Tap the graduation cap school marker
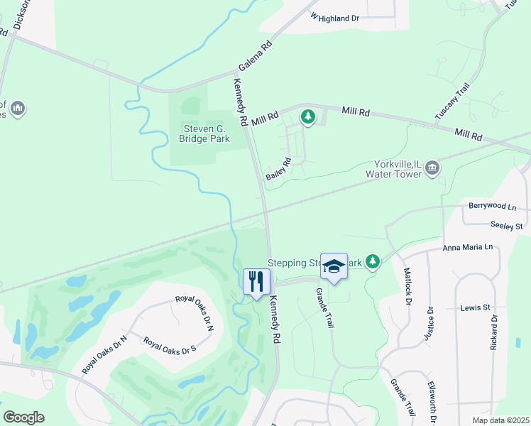[334, 266]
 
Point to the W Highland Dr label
[335, 18]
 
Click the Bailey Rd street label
[278, 169]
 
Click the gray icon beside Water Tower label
[433, 168]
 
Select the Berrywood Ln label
[492, 206]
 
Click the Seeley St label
[506, 226]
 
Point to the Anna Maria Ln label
[467, 247]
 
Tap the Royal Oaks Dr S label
[169, 346]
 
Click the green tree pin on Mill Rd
[307, 116]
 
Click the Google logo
[24, 417]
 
